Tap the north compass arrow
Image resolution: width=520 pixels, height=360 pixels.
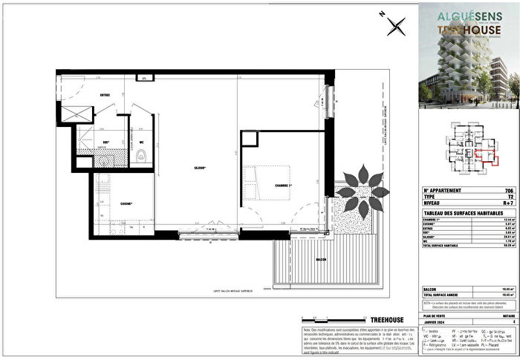click(x=397, y=26)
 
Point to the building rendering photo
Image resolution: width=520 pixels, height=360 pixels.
click(x=467, y=53)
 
